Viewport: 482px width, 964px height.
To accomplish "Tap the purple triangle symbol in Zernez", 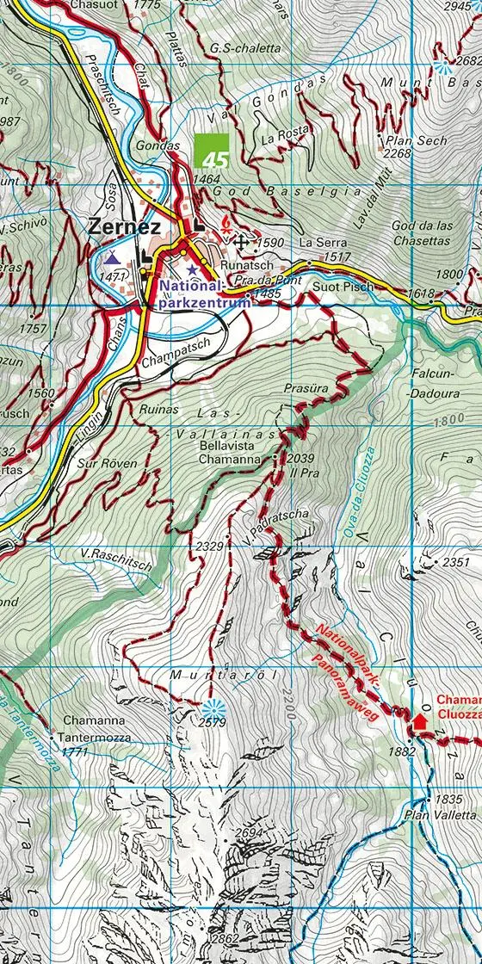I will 112,256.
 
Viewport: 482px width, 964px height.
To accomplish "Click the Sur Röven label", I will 106,463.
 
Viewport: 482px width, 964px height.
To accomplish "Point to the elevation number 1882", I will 402,751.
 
